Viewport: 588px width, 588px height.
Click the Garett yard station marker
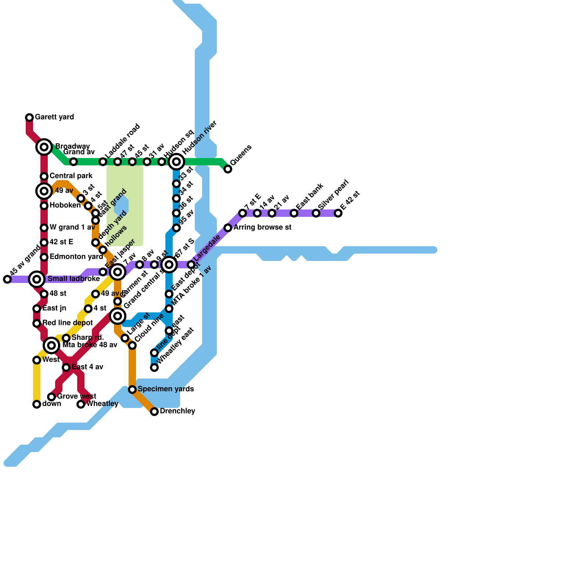coord(29,118)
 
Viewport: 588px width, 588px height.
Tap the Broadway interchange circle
coord(44,147)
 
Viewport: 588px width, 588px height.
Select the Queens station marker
coord(228,169)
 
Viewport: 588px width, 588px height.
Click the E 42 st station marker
coord(338,213)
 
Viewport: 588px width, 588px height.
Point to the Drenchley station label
coord(177,411)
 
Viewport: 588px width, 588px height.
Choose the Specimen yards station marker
coord(132,390)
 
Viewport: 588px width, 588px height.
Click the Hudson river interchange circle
coord(176,162)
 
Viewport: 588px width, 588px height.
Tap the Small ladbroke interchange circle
coord(37,279)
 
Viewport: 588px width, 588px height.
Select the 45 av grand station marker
coord(7,279)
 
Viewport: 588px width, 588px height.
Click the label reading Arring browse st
coord(262,227)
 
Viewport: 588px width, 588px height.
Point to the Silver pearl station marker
coord(316,213)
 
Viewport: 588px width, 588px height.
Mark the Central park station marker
coord(44,176)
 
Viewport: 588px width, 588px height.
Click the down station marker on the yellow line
coord(37,404)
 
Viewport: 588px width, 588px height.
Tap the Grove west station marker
coord(51,397)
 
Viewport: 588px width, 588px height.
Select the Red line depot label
coord(67,323)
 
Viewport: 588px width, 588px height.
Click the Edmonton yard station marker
coord(44,257)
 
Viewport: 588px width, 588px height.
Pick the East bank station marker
coord(294,213)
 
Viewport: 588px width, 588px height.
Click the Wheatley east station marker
coord(154,367)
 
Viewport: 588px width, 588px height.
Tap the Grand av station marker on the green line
coord(73,162)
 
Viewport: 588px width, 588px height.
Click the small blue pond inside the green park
coord(121,206)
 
